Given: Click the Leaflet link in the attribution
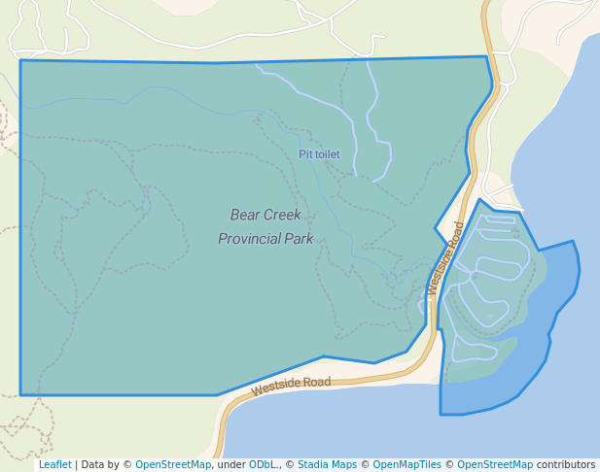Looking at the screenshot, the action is [x=54, y=464].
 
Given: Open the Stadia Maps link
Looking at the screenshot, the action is [x=327, y=464].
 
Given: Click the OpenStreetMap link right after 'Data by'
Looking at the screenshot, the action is [x=173, y=464].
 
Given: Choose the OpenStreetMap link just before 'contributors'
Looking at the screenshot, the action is [x=495, y=464].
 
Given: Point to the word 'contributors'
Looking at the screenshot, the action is [x=566, y=464].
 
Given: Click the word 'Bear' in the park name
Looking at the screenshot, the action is [x=245, y=215].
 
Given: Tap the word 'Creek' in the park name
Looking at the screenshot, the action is [x=283, y=215].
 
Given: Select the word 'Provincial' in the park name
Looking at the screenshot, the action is [x=250, y=238].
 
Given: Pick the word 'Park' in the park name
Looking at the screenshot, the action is [x=300, y=238].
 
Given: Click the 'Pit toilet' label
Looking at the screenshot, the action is [x=319, y=154].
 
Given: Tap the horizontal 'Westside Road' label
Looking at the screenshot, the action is [x=291, y=386].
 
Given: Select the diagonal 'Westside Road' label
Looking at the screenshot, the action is [x=444, y=258].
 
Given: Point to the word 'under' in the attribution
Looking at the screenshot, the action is [x=231, y=464].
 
